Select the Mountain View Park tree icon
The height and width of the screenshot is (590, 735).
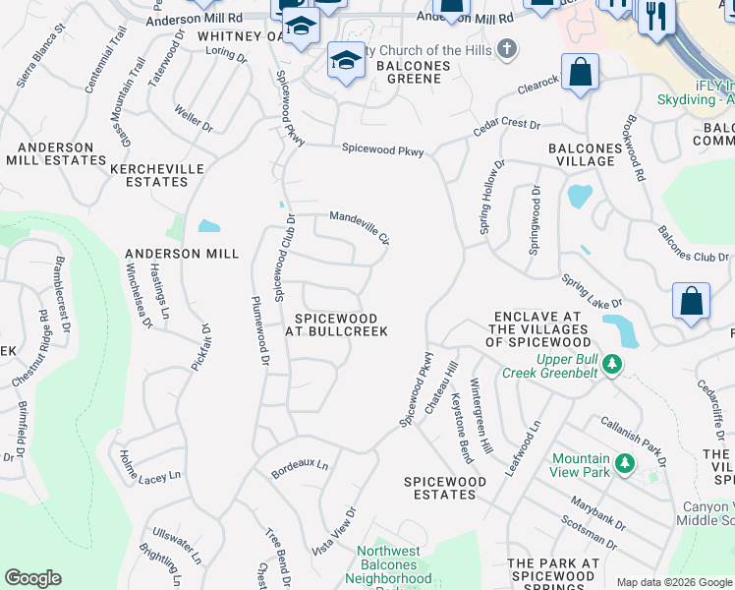[x=623, y=461]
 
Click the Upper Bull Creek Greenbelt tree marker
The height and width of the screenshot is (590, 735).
[x=612, y=365]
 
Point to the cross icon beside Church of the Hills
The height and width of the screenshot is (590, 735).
[x=506, y=49]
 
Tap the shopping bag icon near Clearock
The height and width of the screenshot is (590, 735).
[x=581, y=73]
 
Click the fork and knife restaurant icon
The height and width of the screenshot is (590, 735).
[x=656, y=16]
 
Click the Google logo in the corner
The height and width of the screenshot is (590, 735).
[x=32, y=578]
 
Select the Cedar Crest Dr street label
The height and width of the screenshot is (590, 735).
[x=507, y=126]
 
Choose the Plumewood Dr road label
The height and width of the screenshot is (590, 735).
[x=259, y=331]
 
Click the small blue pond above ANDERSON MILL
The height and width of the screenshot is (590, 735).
[x=208, y=226]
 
